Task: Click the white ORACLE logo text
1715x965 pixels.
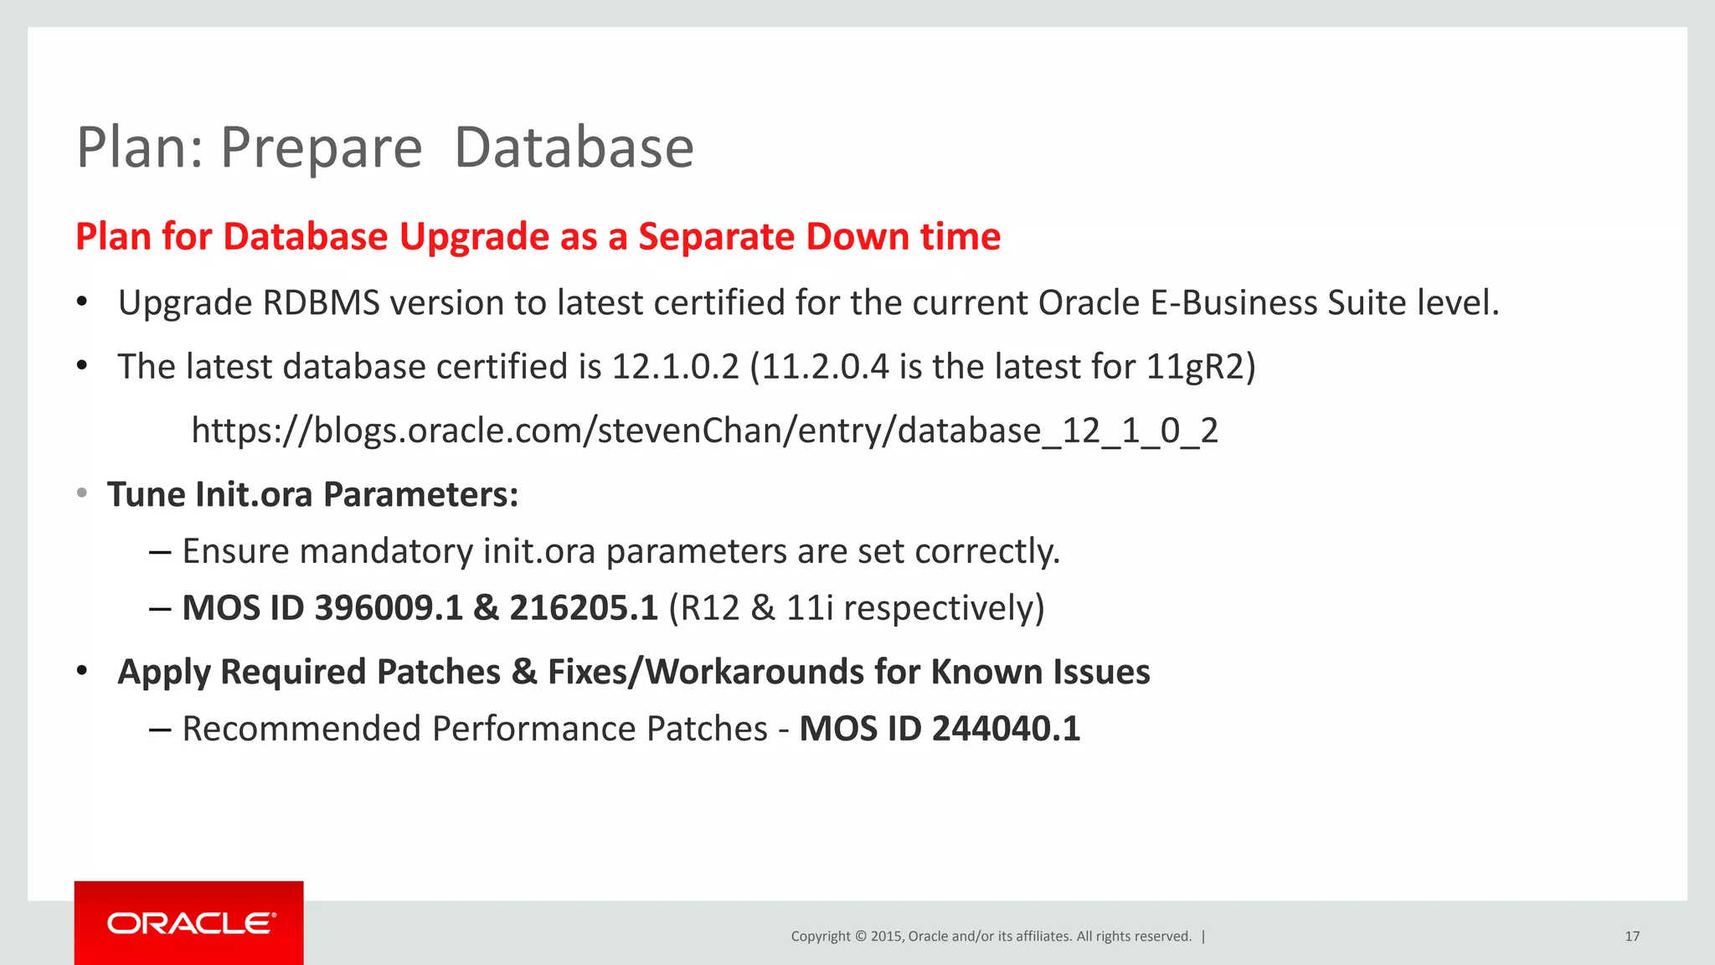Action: point(190,923)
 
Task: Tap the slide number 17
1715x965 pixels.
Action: point(1632,937)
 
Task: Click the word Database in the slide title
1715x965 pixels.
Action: point(574,147)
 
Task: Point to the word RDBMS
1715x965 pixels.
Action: point(321,303)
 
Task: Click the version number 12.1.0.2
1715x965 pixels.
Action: point(676,367)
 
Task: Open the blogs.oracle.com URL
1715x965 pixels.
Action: point(704,431)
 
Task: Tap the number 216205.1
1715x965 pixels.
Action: point(584,608)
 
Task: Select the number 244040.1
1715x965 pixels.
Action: point(1006,729)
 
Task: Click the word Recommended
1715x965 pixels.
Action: point(301,729)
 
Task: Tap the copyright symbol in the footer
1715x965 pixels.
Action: point(860,937)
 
